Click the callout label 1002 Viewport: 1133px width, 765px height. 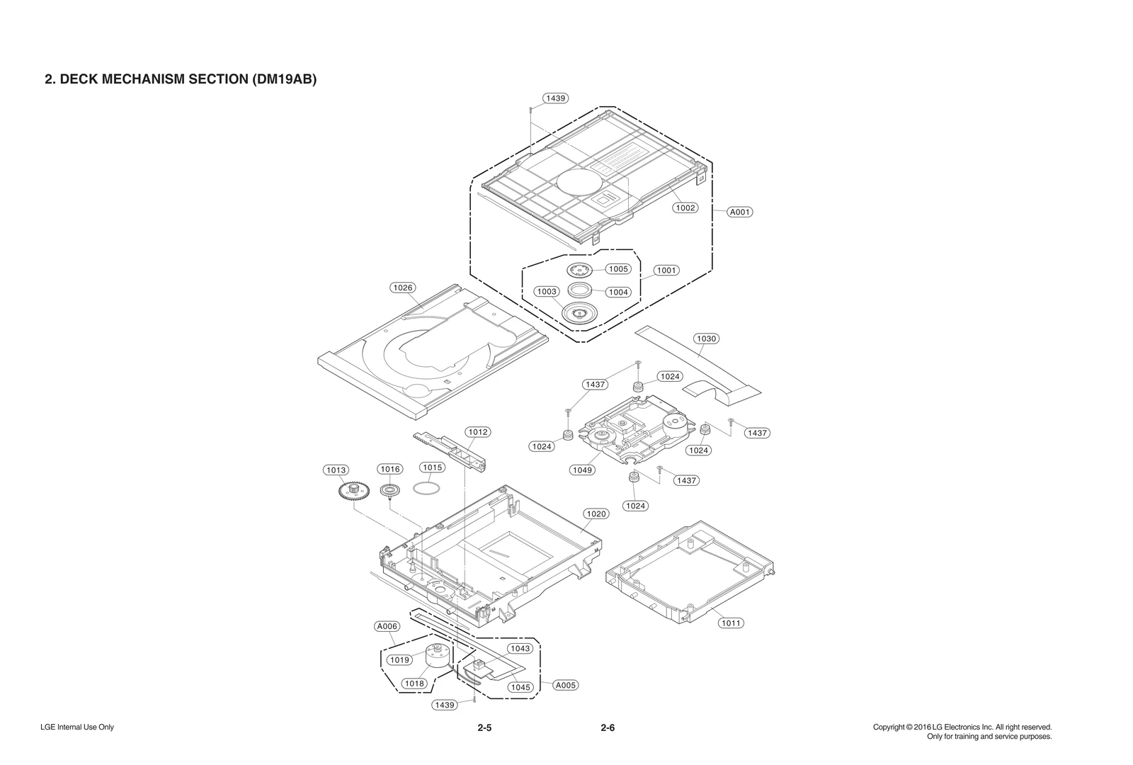685,208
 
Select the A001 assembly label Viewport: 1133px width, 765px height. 740,212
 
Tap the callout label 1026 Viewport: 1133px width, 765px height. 403,288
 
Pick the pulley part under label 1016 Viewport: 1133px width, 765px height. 389,490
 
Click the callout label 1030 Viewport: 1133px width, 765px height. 706,339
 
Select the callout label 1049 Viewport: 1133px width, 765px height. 582,470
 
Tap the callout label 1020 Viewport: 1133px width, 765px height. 596,514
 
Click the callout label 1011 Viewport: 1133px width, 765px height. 731,623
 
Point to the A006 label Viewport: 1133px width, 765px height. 387,626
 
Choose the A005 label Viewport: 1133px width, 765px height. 565,685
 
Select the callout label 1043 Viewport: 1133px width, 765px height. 519,648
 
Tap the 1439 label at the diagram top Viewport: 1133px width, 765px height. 556,98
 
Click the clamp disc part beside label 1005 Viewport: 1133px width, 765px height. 579,269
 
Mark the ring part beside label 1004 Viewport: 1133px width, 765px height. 581,289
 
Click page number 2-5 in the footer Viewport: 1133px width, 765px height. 484,727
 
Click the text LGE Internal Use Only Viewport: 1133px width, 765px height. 77,727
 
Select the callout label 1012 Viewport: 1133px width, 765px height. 478,432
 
